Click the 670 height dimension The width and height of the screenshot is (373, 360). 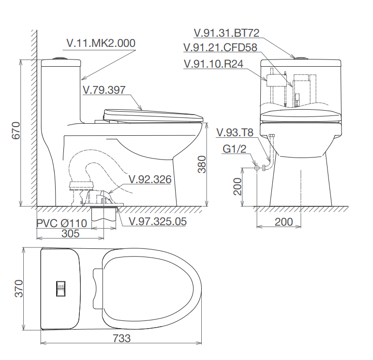point(16,130)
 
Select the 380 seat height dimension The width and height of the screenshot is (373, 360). point(202,164)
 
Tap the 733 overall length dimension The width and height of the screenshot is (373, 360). point(121,338)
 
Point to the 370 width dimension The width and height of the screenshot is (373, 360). point(19,288)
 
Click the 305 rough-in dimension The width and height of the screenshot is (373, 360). point(71,233)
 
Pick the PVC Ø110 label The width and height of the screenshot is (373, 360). point(61,223)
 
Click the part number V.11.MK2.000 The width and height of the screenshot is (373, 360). point(101,43)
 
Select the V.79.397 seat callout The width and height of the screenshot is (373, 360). point(104,90)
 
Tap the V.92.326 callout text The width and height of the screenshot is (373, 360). point(150,179)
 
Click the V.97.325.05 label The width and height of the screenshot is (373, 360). point(158,221)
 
